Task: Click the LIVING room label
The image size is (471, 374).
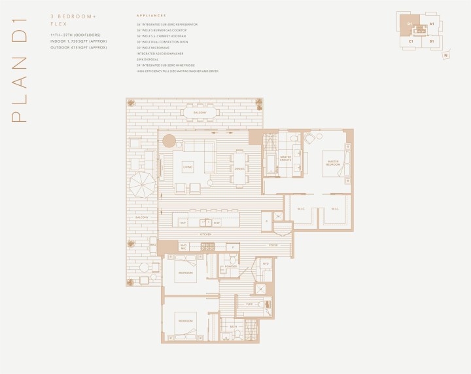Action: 187,165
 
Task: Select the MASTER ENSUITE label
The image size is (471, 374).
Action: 286,159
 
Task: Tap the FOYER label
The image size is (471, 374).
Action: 273,245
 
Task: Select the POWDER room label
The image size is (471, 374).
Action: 228,267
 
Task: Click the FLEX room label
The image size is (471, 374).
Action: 249,304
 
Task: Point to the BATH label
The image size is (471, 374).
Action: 233,326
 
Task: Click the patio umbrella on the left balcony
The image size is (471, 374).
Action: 141,185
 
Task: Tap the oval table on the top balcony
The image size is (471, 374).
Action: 195,113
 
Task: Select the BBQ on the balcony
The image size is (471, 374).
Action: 153,246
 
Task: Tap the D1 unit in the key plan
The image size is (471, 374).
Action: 410,24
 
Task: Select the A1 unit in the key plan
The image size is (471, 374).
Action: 432,24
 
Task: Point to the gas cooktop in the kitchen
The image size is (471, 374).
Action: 208,246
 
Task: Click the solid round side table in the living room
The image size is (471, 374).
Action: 169,140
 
